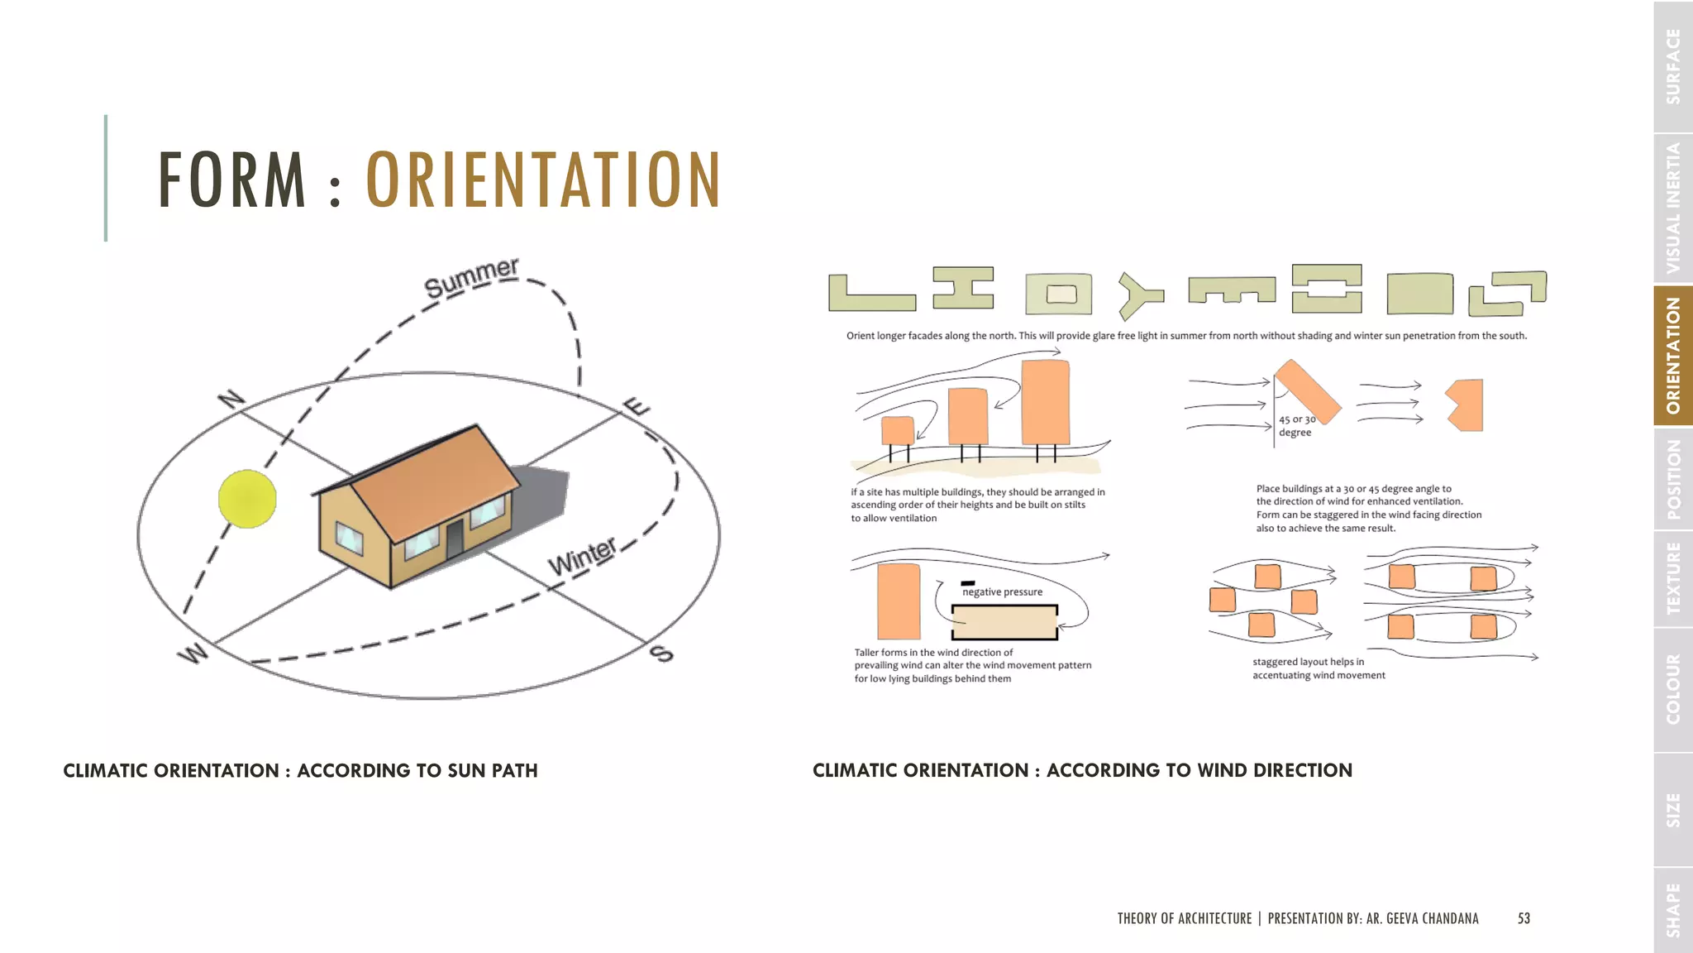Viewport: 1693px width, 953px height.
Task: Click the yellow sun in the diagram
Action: click(x=247, y=499)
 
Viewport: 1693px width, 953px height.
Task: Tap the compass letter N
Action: click(x=232, y=400)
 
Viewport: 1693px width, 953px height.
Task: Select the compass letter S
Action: click(x=662, y=654)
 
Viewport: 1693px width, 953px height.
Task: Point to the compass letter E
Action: click(x=636, y=407)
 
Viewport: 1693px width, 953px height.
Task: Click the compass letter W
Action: click(x=193, y=654)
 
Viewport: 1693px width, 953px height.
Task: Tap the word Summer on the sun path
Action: click(x=471, y=277)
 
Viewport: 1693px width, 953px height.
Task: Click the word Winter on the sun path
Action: click(x=582, y=556)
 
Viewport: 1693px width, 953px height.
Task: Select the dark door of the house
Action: click(x=455, y=539)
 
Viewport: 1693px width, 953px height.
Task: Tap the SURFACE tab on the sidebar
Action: click(x=1673, y=66)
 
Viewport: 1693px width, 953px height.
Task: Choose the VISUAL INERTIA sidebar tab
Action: click(x=1673, y=208)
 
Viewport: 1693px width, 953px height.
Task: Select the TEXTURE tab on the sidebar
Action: click(x=1673, y=578)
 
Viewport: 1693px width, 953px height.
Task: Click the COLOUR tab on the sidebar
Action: click(x=1673, y=689)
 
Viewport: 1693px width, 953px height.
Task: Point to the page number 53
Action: click(x=1524, y=918)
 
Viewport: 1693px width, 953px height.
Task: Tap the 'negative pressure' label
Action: click(x=1002, y=591)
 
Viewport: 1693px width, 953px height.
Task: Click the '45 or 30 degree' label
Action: click(x=1296, y=426)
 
